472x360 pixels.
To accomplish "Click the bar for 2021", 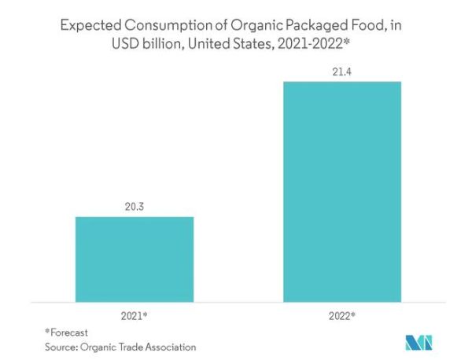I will tap(135, 259).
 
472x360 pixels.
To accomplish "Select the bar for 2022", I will tap(343, 191).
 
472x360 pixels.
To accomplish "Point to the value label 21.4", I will tap(343, 72).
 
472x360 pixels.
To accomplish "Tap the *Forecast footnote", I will tap(66, 332).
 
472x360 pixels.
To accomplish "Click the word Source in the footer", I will tap(61, 347).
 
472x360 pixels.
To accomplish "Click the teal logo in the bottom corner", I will tap(418, 343).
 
